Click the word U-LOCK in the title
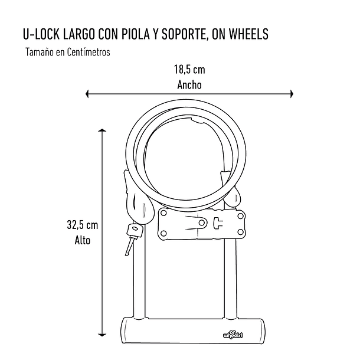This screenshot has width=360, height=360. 39,35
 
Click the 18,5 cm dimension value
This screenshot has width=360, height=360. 189,70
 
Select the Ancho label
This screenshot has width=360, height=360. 189,84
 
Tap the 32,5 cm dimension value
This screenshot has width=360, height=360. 82,225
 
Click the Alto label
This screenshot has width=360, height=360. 82,240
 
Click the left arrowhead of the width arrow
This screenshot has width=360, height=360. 89,93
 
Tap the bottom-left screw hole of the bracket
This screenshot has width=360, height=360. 163,234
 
